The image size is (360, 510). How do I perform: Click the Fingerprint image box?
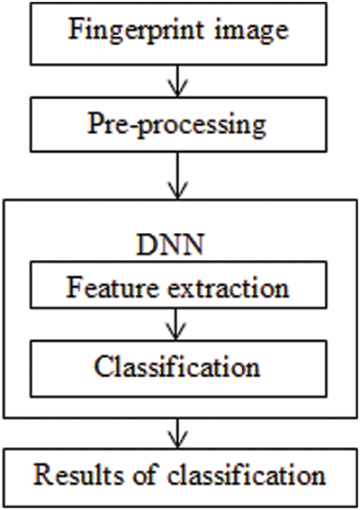pos(179,31)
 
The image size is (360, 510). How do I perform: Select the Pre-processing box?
pos(179,124)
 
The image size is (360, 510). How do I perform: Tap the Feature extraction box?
pos(179,288)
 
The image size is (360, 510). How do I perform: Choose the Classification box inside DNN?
pos(179,367)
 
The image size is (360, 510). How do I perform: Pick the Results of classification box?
pos(179,474)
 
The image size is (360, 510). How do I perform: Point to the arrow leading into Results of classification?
pos(179,434)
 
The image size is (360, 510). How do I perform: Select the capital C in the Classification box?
pos(102,367)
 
